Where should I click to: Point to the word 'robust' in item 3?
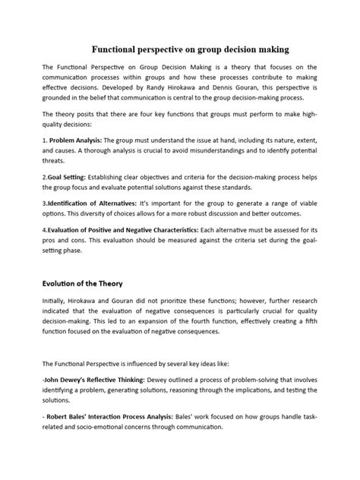pos(195,236)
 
